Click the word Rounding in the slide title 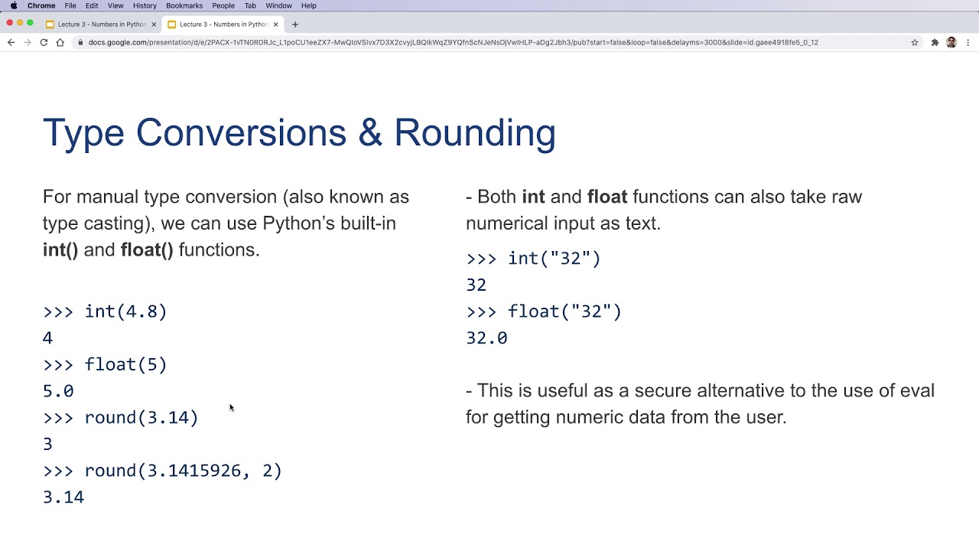pyautogui.click(x=474, y=133)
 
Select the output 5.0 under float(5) pyautogui.click(x=58, y=391)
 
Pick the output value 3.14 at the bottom pyautogui.click(x=63, y=497)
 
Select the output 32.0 pyautogui.click(x=486, y=338)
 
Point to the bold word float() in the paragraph pyautogui.click(x=147, y=250)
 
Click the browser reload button pyautogui.click(x=44, y=43)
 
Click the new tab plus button pyautogui.click(x=295, y=24)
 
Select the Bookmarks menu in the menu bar pyautogui.click(x=184, y=5)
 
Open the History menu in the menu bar pyautogui.click(x=145, y=5)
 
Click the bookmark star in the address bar pyautogui.click(x=914, y=43)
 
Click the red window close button pyautogui.click(x=10, y=23)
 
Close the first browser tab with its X pyautogui.click(x=154, y=24)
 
